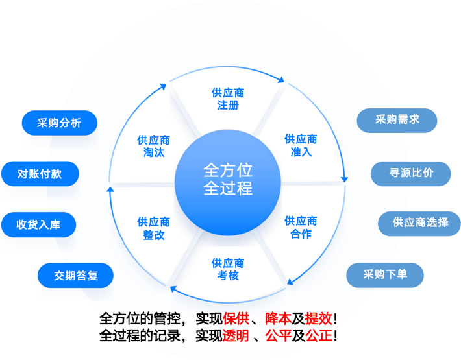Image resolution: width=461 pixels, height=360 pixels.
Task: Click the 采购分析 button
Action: (x=59, y=123)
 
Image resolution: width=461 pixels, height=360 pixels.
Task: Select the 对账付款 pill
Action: (x=39, y=173)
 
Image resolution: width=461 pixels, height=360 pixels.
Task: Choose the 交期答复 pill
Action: (x=75, y=275)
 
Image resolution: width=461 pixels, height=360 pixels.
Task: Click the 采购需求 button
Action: (x=397, y=119)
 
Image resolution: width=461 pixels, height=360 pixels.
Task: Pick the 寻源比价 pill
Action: (x=411, y=173)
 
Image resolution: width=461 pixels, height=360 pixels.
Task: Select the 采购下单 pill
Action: (x=385, y=274)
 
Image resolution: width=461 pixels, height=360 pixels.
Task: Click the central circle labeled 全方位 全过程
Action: (x=228, y=179)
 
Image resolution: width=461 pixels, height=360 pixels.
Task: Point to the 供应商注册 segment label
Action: (x=228, y=99)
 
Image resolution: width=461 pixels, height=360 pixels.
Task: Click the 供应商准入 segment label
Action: (x=301, y=145)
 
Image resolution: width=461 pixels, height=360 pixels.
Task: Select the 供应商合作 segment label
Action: (x=301, y=227)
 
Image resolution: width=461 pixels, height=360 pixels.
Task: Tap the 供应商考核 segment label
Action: (x=228, y=269)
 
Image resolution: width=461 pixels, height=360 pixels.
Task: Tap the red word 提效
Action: (x=318, y=318)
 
